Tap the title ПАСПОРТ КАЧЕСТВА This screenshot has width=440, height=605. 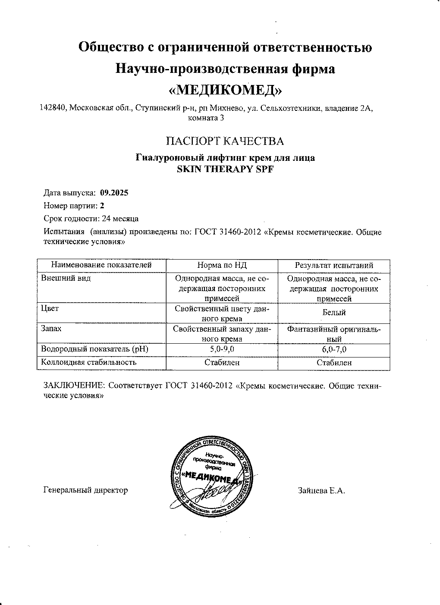(225, 141)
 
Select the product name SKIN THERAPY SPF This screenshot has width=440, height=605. (225, 169)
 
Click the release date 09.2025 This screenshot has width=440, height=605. (114, 193)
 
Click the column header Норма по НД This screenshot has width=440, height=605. (222, 266)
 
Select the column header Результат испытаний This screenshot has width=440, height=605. (334, 266)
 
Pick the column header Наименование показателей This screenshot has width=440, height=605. (101, 265)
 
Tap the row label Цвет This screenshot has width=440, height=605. (50, 309)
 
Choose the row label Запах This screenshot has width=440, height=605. (51, 329)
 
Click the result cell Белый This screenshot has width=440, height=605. (334, 313)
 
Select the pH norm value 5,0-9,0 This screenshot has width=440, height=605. (222, 349)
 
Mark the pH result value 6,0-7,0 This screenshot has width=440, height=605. (334, 349)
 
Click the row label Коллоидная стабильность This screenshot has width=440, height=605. (89, 362)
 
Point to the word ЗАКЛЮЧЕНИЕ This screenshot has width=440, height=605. (74, 386)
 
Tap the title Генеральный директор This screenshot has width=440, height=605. (86, 490)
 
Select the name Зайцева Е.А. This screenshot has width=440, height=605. (321, 491)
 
